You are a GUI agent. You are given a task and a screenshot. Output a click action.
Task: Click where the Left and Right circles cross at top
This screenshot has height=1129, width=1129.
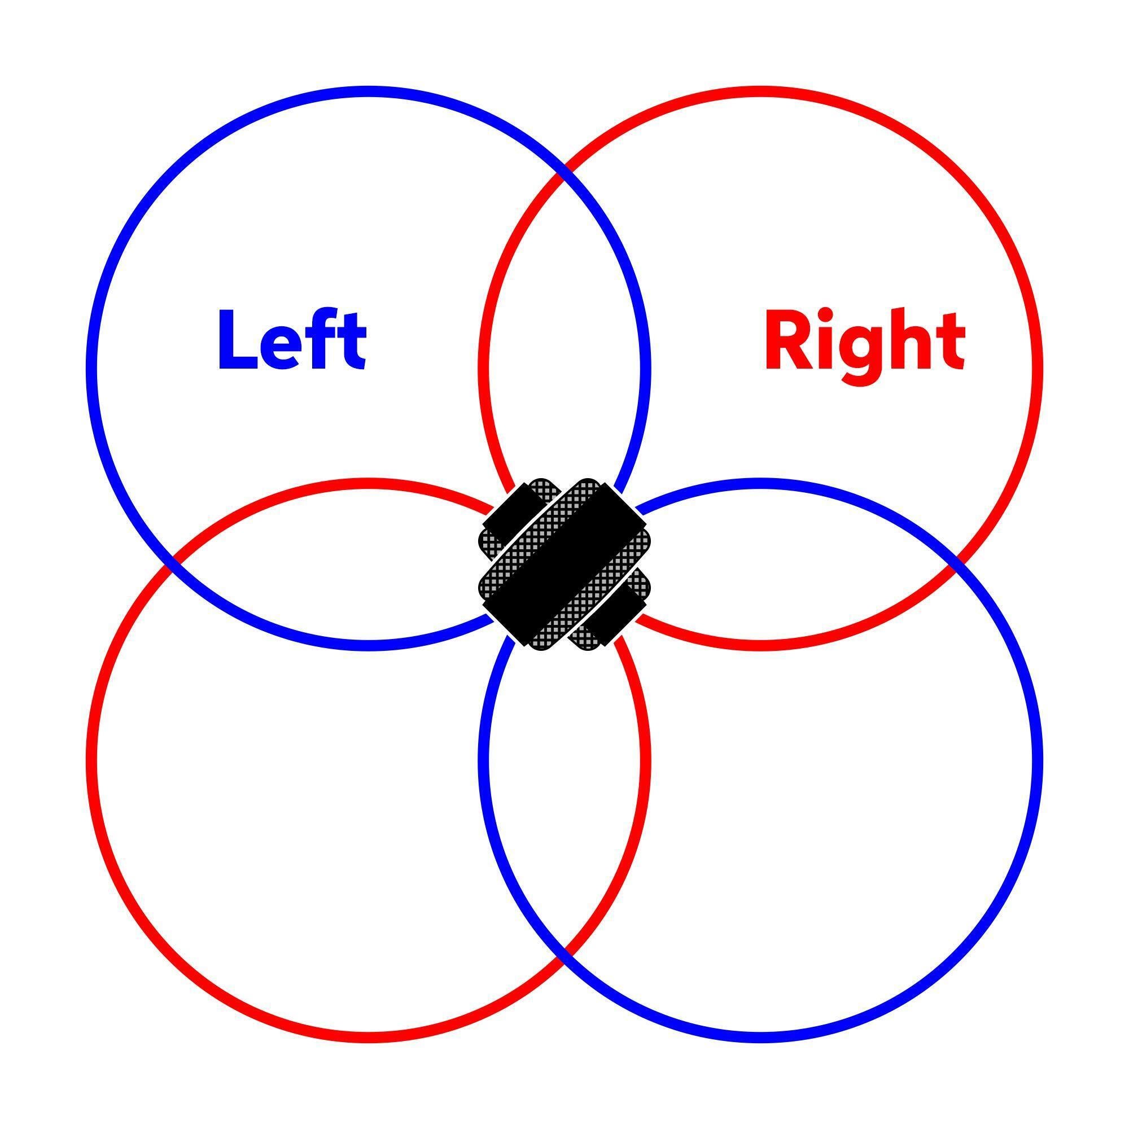pos(564,172)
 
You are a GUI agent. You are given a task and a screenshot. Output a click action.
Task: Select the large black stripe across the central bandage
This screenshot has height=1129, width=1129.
pos(564,564)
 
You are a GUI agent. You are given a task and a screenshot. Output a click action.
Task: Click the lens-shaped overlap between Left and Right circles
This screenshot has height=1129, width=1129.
pos(564,327)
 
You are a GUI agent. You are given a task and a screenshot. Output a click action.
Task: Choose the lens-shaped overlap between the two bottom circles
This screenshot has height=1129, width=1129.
pos(564,800)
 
